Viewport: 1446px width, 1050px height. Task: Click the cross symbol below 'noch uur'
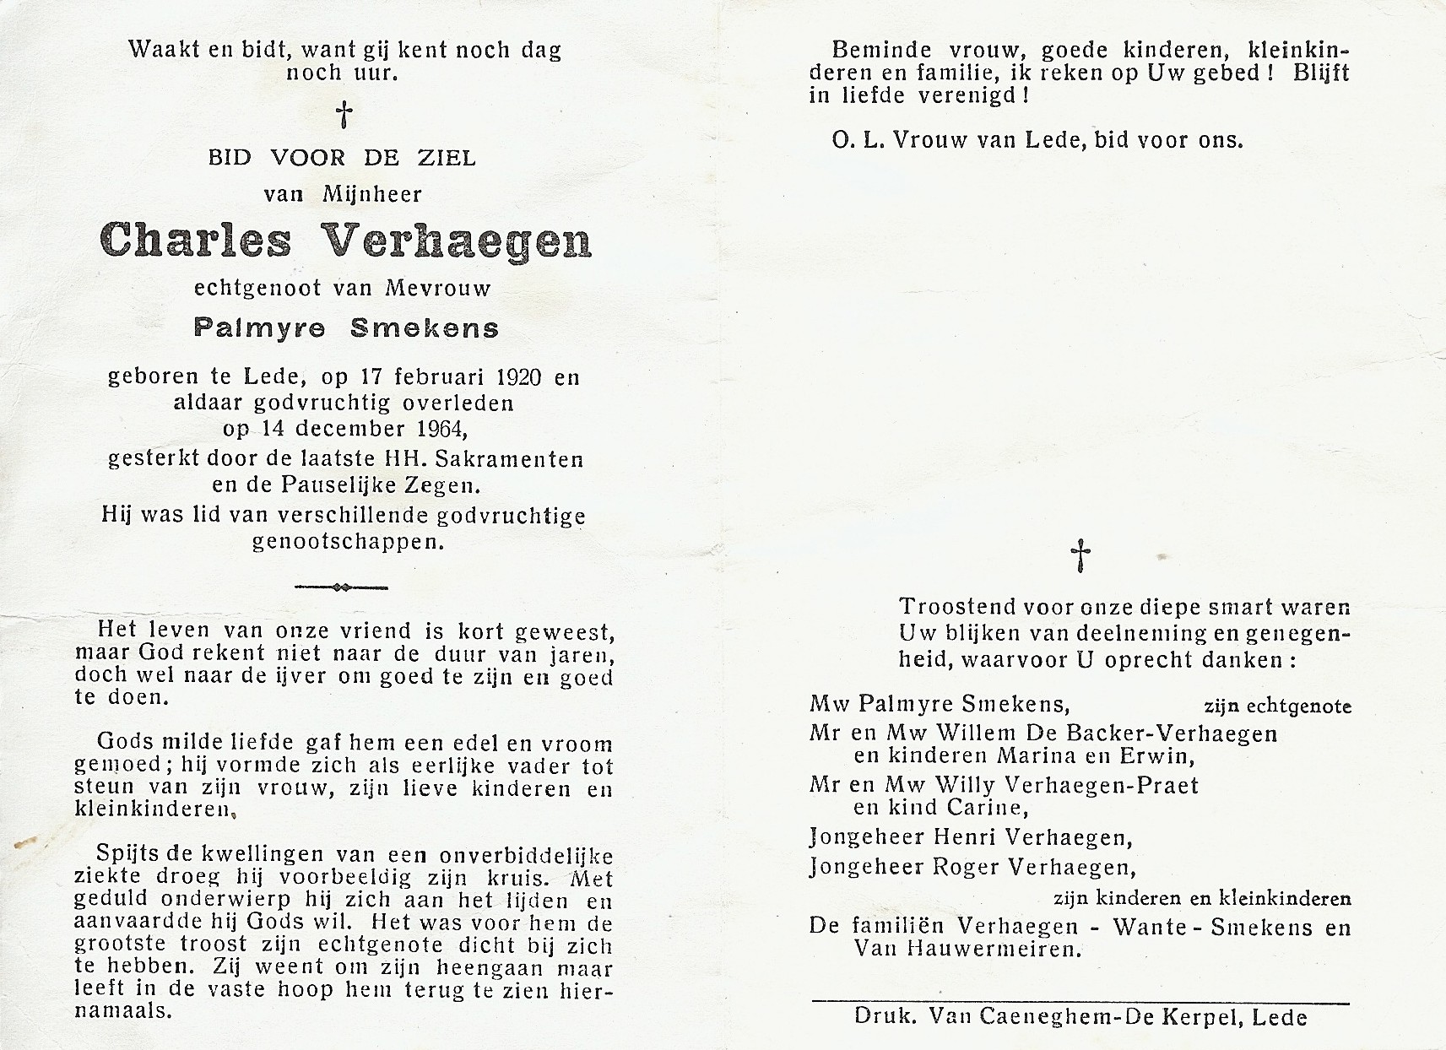(x=344, y=115)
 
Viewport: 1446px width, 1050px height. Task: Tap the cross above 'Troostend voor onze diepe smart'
(x=1080, y=557)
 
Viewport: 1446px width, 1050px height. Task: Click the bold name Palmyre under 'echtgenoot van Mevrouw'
(x=259, y=328)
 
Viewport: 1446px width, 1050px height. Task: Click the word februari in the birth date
(x=424, y=377)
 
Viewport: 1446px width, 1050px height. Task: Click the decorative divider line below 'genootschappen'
(x=340, y=587)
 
